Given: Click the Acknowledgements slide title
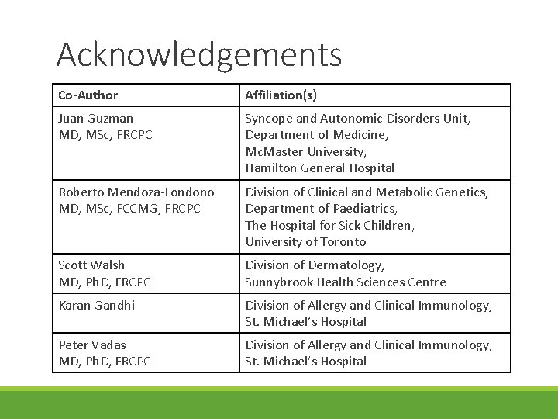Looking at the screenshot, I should click(198, 55).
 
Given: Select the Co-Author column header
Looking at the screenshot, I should click(88, 95).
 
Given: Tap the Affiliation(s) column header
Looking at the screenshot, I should click(281, 95).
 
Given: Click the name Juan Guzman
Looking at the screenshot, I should click(96, 119).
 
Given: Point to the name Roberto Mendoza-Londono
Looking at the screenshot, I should click(136, 192).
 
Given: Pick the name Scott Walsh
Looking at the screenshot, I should click(91, 265).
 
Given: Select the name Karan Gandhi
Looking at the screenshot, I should click(97, 305).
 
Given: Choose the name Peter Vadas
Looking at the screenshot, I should click(92, 345).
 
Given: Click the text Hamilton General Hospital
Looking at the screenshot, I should click(320, 168).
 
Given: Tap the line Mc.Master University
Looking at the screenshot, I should click(305, 151).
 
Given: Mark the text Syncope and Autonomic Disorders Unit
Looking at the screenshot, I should click(358, 119).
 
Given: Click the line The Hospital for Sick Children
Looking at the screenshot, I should click(330, 225).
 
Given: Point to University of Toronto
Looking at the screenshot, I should click(306, 241).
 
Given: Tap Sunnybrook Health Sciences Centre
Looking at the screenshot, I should click(346, 282).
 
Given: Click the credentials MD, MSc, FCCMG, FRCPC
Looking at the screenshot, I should click(129, 209).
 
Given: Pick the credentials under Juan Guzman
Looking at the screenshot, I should click(105, 135).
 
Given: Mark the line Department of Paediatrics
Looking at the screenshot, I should click(322, 209).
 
